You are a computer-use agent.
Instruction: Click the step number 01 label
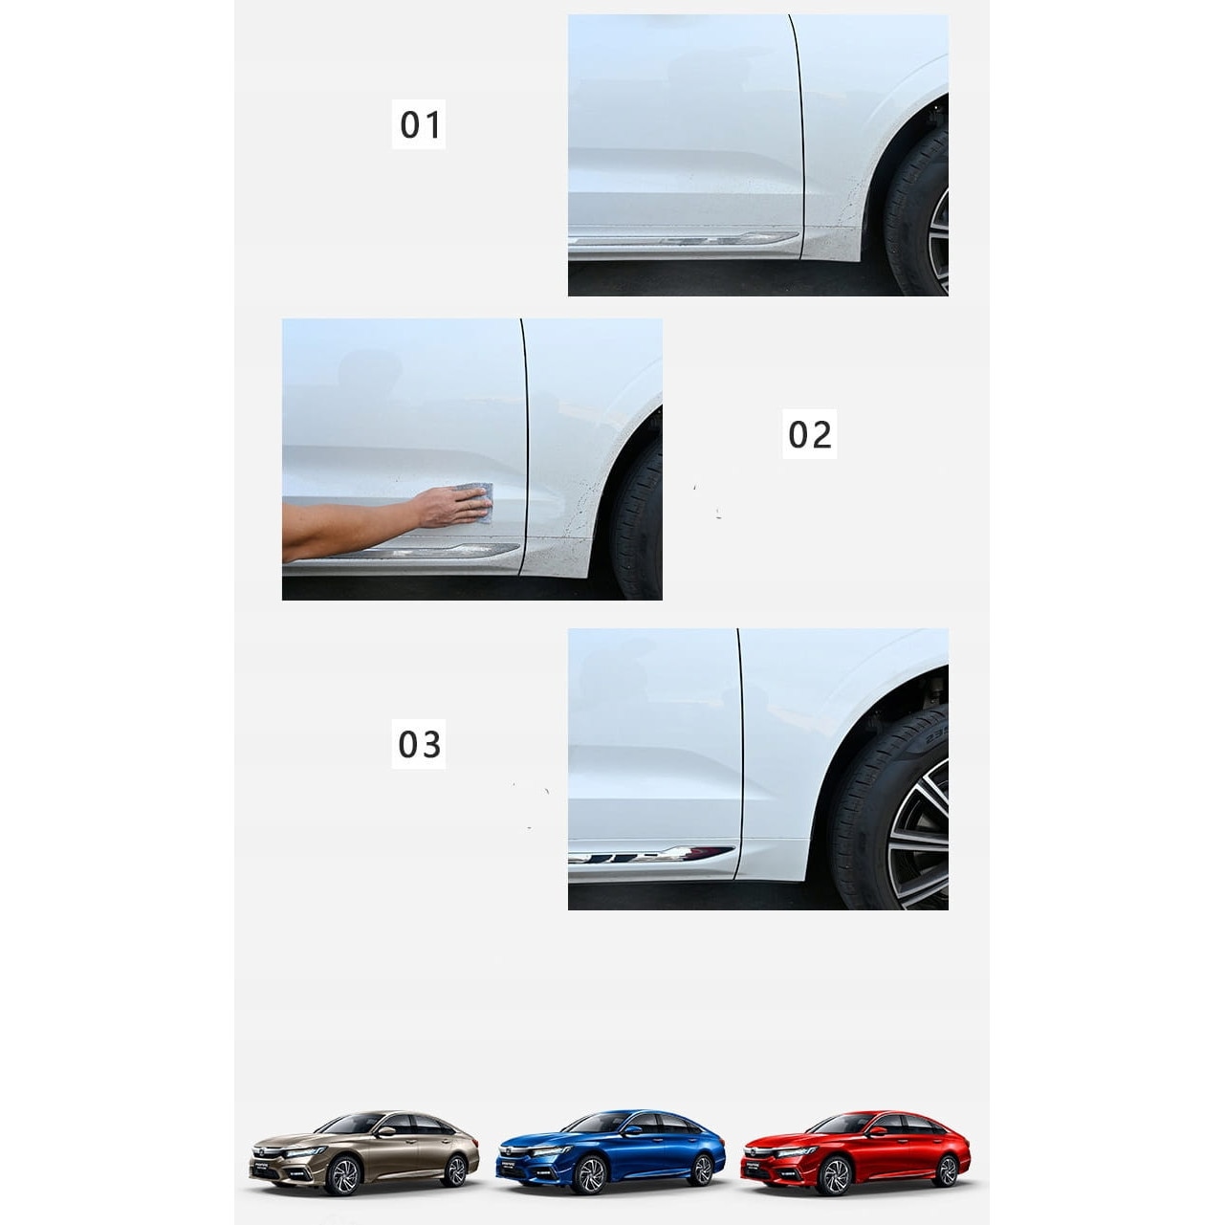[418, 124]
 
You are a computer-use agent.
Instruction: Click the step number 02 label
[809, 434]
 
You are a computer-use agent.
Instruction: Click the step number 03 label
[418, 744]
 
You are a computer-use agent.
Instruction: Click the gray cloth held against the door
[477, 502]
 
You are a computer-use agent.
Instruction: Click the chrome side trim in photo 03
[651, 855]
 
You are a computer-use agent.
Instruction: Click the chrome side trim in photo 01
[684, 239]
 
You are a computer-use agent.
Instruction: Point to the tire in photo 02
[636, 521]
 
